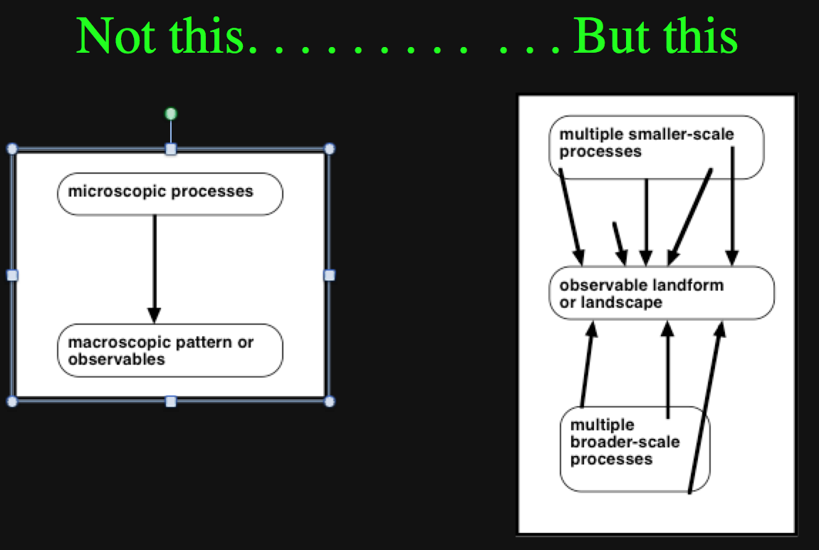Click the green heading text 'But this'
[x=655, y=36]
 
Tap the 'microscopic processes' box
[x=170, y=194]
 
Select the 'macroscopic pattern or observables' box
[x=170, y=350]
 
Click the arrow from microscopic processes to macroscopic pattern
[x=154, y=269]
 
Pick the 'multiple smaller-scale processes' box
[x=657, y=147]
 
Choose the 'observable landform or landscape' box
[x=662, y=293]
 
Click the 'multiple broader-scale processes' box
[x=635, y=450]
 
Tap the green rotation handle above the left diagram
[x=171, y=113]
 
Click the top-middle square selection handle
[x=171, y=150]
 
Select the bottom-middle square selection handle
[x=171, y=401]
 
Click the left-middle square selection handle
[x=13, y=275]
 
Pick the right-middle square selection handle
[x=330, y=275]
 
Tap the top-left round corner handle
[x=13, y=149]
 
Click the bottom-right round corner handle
[x=330, y=401]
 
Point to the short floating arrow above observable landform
[x=620, y=244]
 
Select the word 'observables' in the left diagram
[x=117, y=359]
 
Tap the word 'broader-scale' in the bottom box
[x=625, y=442]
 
